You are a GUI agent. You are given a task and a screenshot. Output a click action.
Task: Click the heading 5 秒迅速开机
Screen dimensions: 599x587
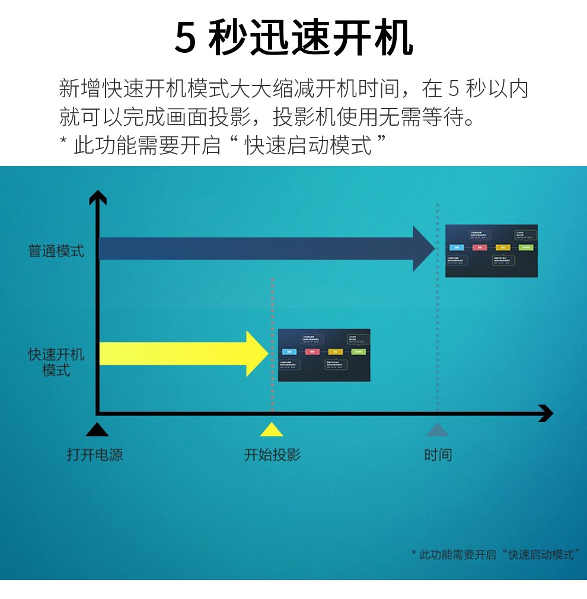point(293,39)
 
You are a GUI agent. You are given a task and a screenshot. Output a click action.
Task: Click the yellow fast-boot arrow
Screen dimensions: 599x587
point(184,353)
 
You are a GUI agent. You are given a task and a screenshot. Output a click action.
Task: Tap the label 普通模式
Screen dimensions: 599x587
point(56,251)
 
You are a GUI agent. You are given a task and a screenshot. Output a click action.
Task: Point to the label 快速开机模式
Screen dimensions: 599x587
point(56,362)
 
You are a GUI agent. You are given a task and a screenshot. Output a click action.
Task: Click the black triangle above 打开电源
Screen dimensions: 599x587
point(97,429)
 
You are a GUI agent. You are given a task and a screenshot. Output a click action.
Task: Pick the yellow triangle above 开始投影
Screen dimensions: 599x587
point(272,429)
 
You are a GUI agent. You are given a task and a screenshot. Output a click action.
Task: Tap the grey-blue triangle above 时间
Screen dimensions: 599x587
point(438,429)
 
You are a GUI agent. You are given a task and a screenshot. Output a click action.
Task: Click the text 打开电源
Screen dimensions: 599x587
point(95,455)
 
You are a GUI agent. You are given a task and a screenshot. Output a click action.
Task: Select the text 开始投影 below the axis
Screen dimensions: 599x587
point(273,455)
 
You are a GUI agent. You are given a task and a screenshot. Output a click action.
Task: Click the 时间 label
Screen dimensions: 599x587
point(438,455)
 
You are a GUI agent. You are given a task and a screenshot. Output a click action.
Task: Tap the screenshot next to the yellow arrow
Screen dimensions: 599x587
point(324,355)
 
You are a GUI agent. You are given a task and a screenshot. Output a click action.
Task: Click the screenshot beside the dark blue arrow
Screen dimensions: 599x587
point(491,251)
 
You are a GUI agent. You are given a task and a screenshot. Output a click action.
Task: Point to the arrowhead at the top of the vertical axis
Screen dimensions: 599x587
point(97,197)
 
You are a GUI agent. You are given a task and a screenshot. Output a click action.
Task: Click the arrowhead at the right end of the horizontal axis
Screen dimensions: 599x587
point(545,413)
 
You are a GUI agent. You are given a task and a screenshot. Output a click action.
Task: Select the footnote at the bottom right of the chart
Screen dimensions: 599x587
point(496,555)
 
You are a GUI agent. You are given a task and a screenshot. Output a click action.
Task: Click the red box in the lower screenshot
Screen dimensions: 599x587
point(312,352)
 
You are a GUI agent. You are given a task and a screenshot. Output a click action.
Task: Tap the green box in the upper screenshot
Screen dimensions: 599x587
point(525,247)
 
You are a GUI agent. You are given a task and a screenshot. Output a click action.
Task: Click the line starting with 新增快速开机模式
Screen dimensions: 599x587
point(293,89)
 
